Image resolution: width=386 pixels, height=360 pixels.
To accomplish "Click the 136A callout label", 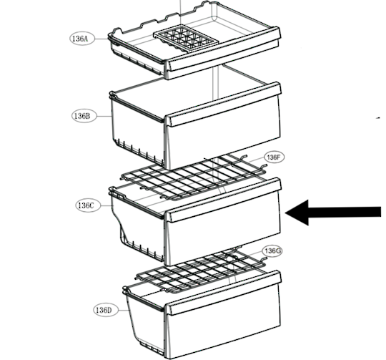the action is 81,39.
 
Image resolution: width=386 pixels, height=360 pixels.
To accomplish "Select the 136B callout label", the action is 84,116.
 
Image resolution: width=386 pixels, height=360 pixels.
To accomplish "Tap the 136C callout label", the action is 88,205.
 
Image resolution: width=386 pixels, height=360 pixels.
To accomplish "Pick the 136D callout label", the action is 106,310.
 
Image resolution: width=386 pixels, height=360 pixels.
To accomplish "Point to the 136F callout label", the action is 274,157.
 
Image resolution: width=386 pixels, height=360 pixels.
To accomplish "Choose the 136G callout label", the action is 272,250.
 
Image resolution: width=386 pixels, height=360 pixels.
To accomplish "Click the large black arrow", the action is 333,213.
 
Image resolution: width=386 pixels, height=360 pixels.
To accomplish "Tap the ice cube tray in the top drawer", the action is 186,38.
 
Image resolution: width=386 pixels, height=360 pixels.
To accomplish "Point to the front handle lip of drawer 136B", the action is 223,104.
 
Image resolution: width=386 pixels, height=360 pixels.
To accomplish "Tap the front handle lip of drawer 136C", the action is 223,200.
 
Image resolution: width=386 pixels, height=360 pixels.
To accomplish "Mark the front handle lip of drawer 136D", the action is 223,293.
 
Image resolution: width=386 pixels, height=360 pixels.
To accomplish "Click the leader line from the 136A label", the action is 102,39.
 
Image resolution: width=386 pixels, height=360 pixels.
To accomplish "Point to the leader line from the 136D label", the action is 124,310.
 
